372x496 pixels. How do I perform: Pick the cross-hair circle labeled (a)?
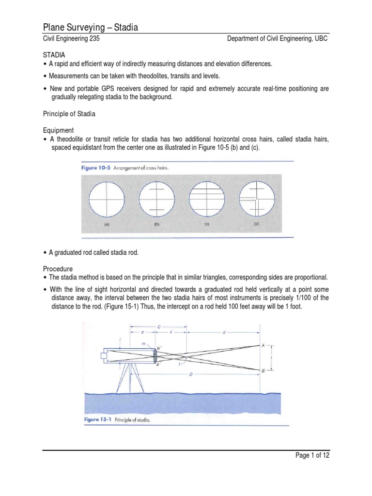107,199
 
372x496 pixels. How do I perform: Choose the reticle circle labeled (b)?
157,199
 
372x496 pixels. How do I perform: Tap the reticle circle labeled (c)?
207,199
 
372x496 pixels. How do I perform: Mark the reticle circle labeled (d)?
257,199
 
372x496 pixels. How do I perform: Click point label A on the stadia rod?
263,345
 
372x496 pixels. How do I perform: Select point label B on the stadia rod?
263,371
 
